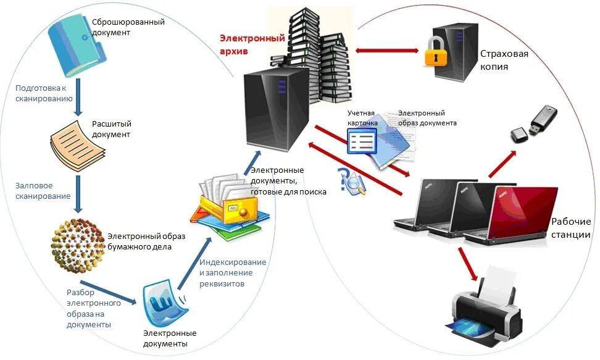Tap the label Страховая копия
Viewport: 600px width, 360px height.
pos(504,60)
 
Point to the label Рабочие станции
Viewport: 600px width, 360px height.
pos(570,228)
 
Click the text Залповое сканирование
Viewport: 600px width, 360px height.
pos(43,190)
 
